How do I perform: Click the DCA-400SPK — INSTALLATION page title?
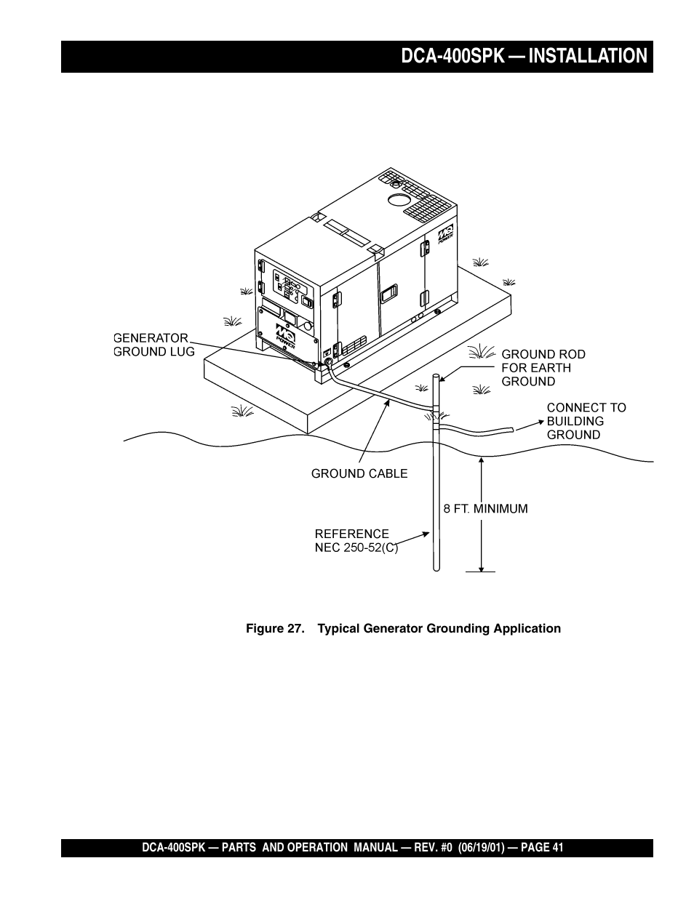coord(523,56)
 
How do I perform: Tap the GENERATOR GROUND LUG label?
coord(154,345)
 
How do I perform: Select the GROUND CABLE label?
coord(359,473)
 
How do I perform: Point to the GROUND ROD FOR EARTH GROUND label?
coord(543,367)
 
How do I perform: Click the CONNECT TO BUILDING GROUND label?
coord(586,421)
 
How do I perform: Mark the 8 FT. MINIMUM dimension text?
coord(485,509)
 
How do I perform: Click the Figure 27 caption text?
coord(403,628)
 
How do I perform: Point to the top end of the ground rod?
coord(435,377)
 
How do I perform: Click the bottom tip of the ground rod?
coord(436,569)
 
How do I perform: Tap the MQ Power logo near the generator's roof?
coord(445,237)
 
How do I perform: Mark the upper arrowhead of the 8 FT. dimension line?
coord(481,460)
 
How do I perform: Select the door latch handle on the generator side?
coord(388,294)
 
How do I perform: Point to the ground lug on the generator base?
coord(327,361)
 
